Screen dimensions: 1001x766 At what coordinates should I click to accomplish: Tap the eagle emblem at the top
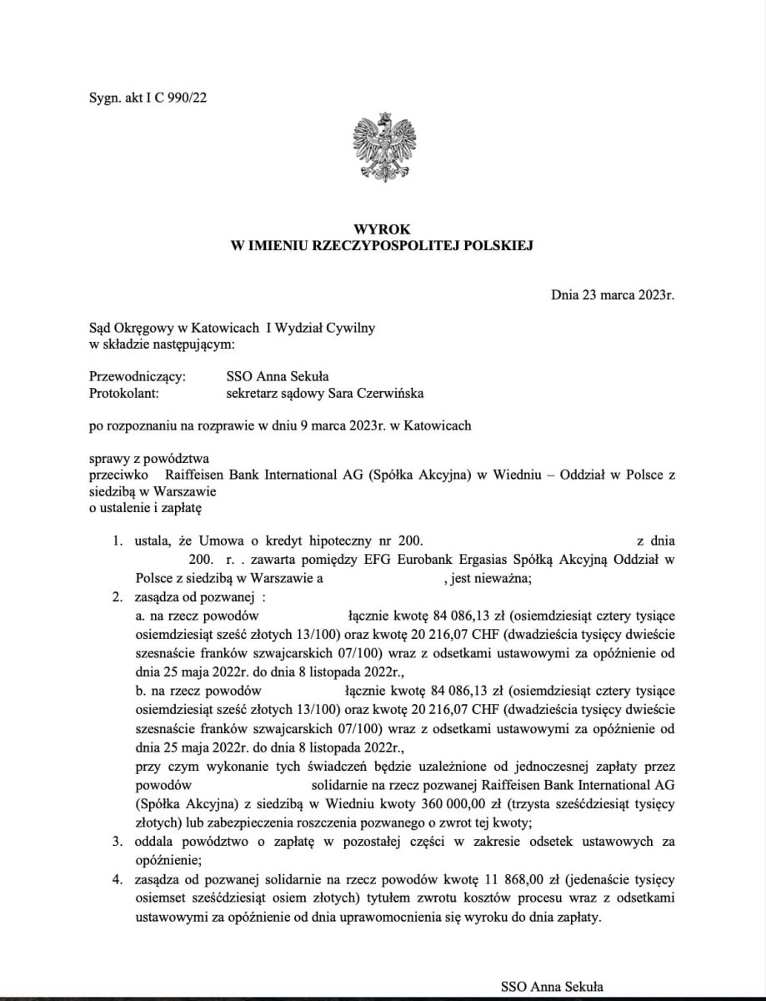pos(384,146)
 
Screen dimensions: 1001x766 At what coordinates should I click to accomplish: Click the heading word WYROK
pos(383,229)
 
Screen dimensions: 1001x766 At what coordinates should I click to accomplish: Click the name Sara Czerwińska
pos(383,392)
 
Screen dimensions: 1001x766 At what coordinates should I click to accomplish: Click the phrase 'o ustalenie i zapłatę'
pos(145,506)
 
